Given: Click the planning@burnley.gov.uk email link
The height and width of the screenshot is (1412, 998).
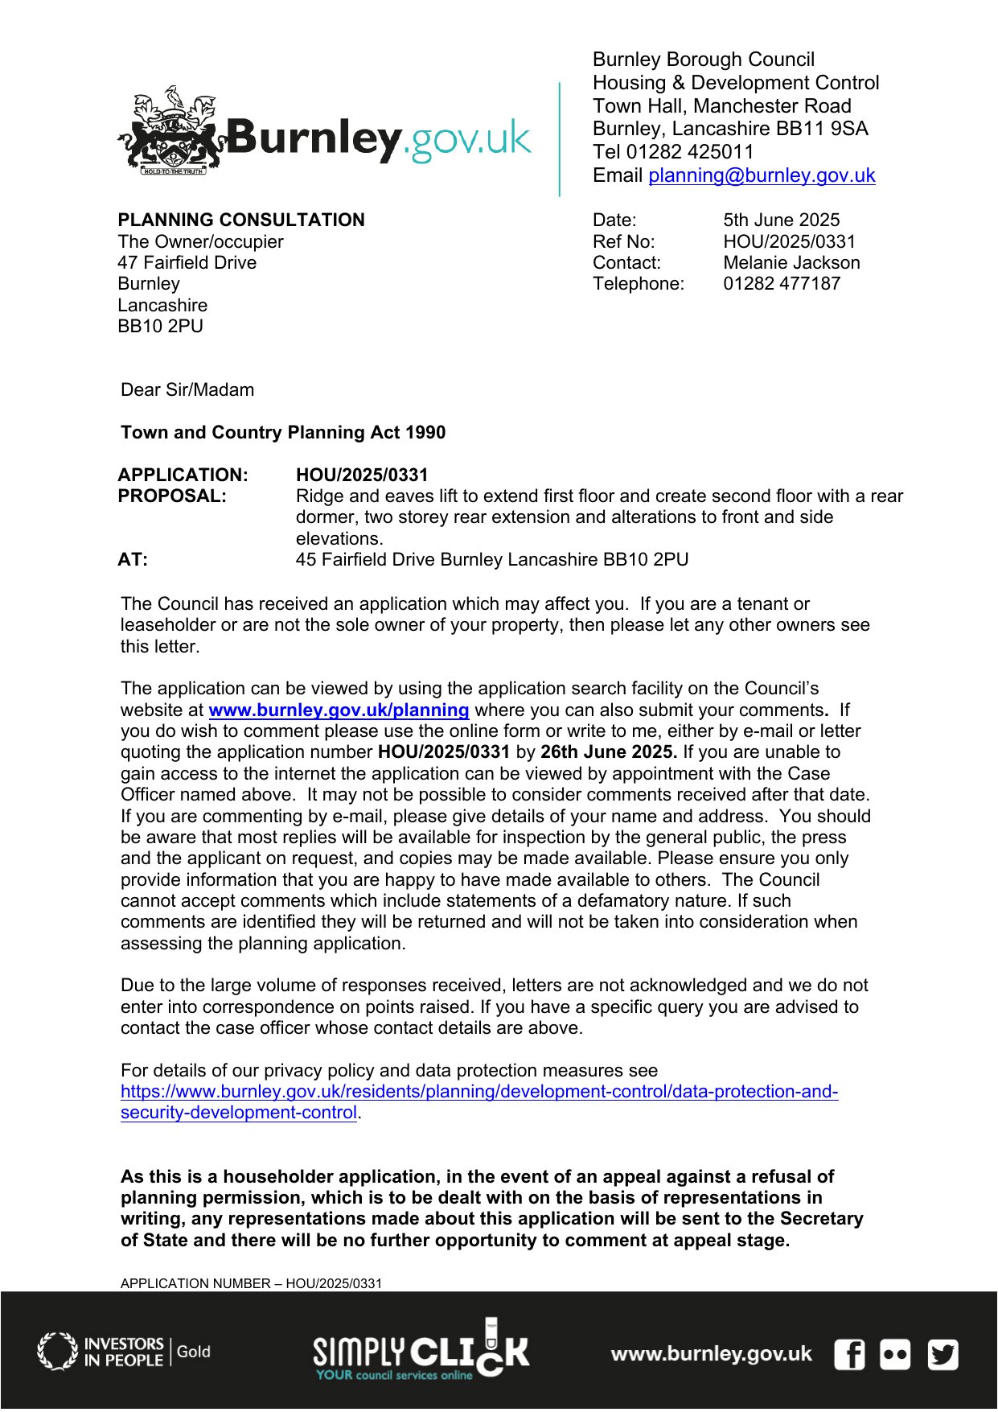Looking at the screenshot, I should (x=761, y=175).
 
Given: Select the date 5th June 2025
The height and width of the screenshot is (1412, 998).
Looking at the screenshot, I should (x=781, y=220).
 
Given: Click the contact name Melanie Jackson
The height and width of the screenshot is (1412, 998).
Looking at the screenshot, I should (x=791, y=263).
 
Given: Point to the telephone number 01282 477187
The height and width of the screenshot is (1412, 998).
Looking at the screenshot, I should (x=781, y=284).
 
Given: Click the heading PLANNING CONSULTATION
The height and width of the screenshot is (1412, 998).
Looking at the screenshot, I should (x=240, y=220).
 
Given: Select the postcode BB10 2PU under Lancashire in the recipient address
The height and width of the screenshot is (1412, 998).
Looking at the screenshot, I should (x=160, y=327).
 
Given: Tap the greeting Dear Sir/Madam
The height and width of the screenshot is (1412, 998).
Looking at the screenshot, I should (x=187, y=390).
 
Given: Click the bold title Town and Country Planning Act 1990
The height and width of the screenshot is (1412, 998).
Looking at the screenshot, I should (x=283, y=433).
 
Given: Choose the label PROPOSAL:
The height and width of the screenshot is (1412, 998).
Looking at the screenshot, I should (x=172, y=496).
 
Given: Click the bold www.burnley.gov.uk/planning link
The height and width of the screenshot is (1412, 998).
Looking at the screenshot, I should (x=339, y=710).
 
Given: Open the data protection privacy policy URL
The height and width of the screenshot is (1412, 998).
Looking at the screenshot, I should (x=478, y=1093).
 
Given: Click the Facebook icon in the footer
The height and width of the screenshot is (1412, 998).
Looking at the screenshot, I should (x=849, y=1354).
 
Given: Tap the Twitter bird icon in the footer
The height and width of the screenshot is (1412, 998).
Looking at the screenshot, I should (x=943, y=1354).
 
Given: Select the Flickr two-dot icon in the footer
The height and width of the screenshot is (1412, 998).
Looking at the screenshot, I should (x=895, y=1354).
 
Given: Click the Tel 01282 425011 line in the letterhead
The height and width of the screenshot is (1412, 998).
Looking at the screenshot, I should (x=673, y=152).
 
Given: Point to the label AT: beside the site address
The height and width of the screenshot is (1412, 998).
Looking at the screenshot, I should (x=133, y=560).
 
